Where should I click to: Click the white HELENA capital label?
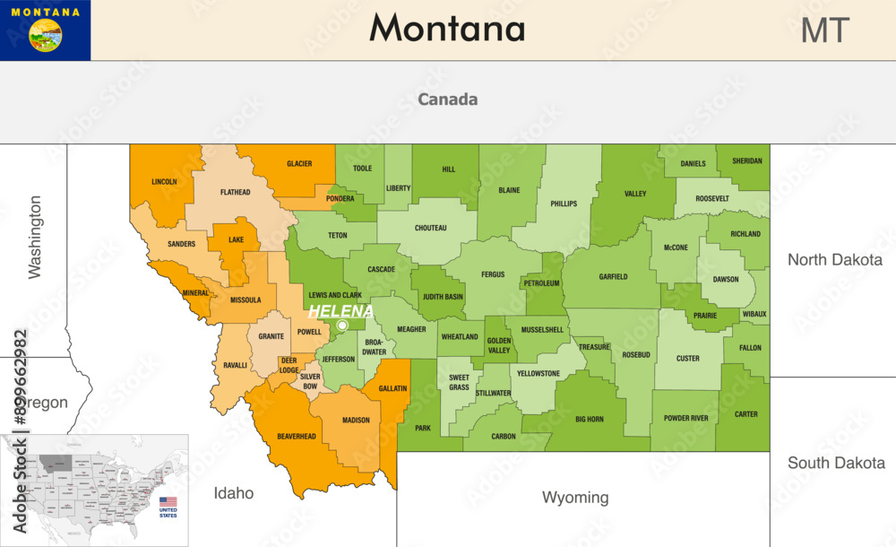click(x=340, y=311)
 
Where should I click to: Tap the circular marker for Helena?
click(x=342, y=326)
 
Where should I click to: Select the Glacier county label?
click(x=299, y=164)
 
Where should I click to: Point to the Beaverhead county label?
click(x=296, y=436)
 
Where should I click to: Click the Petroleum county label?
click(x=541, y=283)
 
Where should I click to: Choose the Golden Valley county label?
click(x=498, y=345)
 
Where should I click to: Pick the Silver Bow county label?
click(x=310, y=382)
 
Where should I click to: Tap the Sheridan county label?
click(x=747, y=161)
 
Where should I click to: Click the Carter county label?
click(x=745, y=414)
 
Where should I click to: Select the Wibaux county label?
click(x=754, y=315)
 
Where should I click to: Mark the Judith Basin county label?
click(x=443, y=297)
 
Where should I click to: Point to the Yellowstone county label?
click(x=539, y=373)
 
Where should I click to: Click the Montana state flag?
click(x=45, y=30)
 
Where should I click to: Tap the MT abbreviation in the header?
click(x=823, y=30)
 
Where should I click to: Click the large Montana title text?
click(x=447, y=29)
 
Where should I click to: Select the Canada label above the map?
click(x=447, y=100)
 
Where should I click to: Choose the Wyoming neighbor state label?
click(x=575, y=497)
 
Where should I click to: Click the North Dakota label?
click(x=834, y=260)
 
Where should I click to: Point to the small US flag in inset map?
click(x=168, y=502)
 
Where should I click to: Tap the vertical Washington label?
click(x=35, y=238)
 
